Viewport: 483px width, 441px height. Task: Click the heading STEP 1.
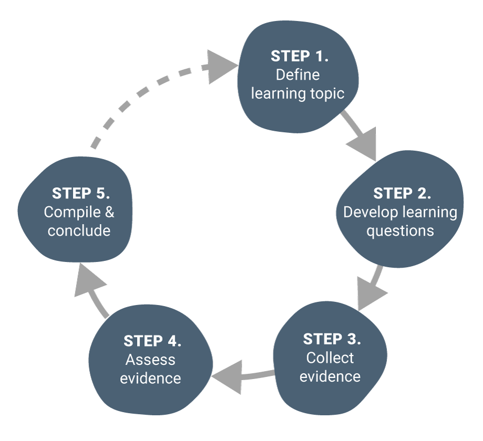tap(299, 56)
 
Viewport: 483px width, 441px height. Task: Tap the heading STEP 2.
tap(402, 193)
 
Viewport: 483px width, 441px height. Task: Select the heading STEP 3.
tap(332, 339)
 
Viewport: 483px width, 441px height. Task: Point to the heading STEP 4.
tap(152, 341)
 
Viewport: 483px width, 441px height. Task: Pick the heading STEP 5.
tap(81, 193)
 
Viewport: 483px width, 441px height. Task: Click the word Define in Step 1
tap(298, 75)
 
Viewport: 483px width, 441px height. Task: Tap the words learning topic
tap(298, 93)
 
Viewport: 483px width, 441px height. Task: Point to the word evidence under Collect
tap(330, 376)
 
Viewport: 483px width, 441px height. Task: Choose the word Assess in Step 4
tap(151, 360)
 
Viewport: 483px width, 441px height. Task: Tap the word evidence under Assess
tap(151, 379)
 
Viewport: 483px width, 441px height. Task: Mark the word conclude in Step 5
tap(79, 231)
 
